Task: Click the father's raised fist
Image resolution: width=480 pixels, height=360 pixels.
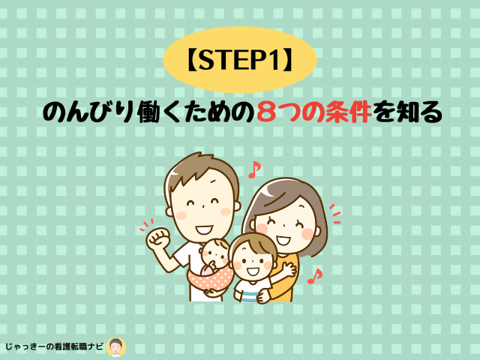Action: point(158,238)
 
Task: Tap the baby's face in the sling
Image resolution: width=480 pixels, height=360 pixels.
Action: point(214,252)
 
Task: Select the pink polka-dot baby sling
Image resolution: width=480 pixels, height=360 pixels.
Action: point(211,277)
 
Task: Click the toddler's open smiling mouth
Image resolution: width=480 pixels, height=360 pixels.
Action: point(253,271)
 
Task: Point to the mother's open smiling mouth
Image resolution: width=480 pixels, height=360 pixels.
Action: point(283,239)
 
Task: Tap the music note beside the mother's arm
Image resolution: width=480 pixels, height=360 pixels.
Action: point(315,276)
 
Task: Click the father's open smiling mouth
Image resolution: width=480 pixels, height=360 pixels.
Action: point(204,229)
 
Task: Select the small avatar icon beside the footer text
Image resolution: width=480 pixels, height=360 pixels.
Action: point(116,347)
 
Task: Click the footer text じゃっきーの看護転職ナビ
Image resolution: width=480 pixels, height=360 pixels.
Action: point(54,346)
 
